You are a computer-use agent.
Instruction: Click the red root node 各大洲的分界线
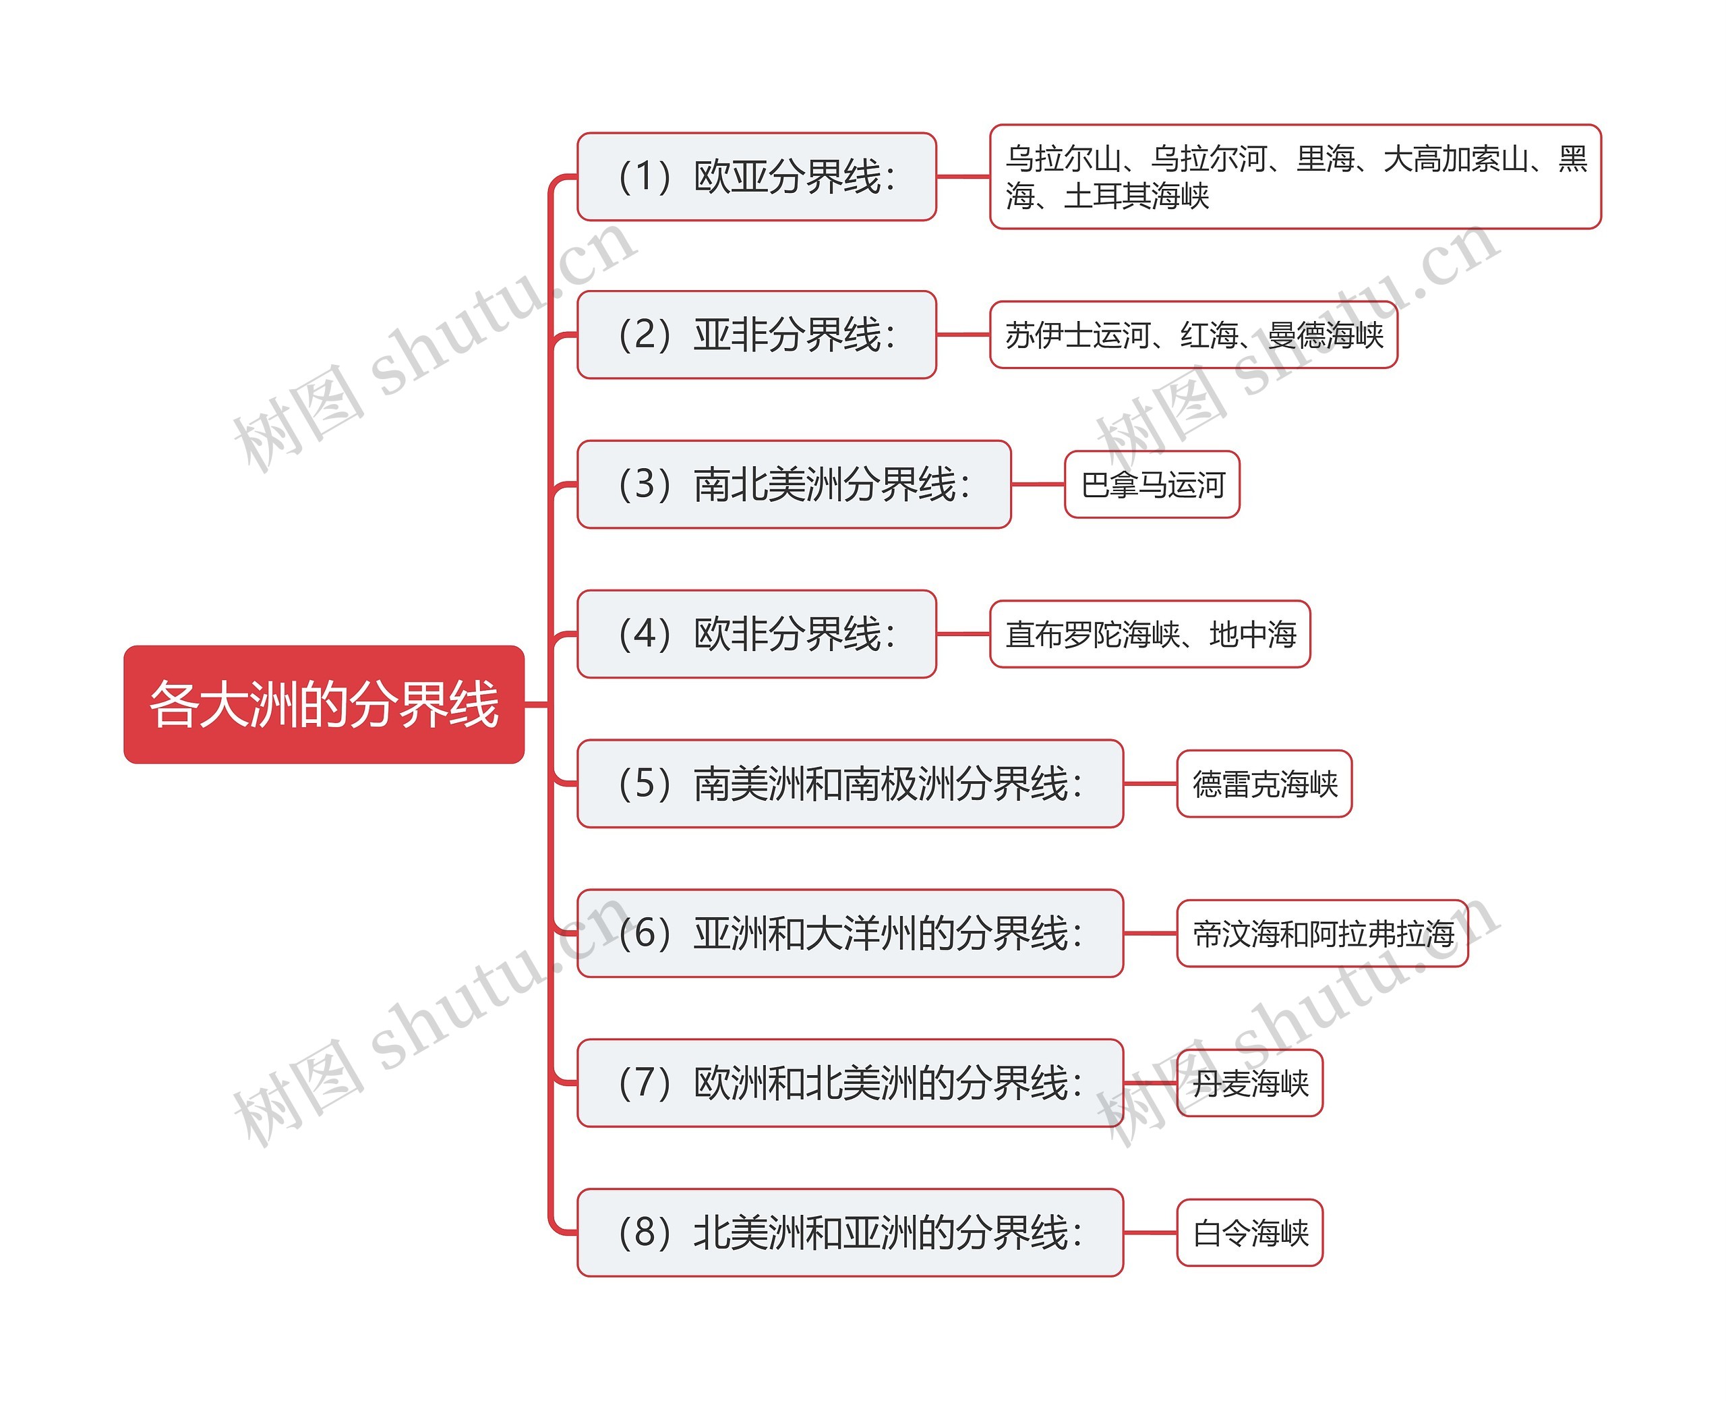(x=324, y=704)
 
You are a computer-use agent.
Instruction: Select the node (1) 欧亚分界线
(x=756, y=176)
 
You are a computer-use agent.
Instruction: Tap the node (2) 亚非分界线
(x=756, y=334)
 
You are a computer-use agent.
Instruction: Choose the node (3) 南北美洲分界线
(x=794, y=484)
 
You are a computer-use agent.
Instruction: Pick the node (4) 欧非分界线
(x=756, y=633)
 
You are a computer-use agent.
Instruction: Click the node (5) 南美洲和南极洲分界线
(x=850, y=783)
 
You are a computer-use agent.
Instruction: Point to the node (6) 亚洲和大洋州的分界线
(x=850, y=933)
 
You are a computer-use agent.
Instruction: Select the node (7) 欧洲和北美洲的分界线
(x=850, y=1082)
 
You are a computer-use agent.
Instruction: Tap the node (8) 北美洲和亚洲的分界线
(x=850, y=1232)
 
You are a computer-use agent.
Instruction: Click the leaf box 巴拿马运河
(x=1152, y=484)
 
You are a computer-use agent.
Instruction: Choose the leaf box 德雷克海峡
(x=1264, y=784)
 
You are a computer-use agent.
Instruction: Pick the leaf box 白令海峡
(x=1249, y=1232)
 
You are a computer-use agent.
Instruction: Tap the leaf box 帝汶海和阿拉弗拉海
(x=1322, y=934)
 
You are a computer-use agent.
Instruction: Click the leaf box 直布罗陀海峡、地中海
(x=1150, y=634)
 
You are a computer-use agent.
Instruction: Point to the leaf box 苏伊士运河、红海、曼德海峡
(x=1193, y=334)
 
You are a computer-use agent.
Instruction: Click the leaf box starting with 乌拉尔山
(x=1294, y=176)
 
